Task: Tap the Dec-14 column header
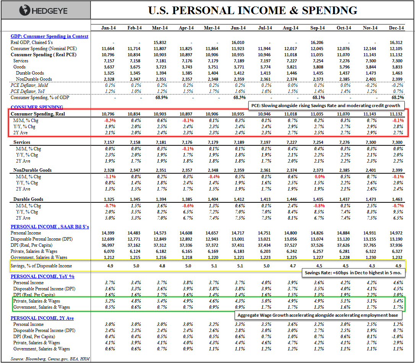[x=396, y=28]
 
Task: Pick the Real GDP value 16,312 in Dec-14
[x=396, y=42]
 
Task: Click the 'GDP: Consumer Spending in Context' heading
[x=49, y=36]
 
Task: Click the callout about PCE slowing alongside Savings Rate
[x=325, y=105]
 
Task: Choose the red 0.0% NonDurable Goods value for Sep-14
[x=317, y=177]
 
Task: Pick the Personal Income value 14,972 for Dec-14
[x=396, y=233]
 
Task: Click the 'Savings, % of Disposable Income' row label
[x=41, y=265]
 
